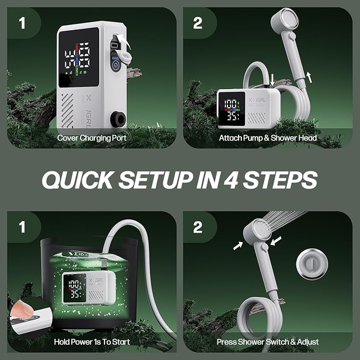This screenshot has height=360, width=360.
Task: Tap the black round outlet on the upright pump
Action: click(118, 119)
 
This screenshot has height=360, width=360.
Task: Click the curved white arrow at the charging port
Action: click(124, 41)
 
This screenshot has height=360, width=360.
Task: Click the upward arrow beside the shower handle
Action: click(309, 77)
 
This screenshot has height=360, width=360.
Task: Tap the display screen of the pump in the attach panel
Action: click(232, 109)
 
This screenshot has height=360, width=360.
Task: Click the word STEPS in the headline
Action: click(280, 180)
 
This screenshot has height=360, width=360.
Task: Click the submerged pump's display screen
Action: click(75, 288)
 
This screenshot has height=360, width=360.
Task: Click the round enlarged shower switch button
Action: click(312, 264)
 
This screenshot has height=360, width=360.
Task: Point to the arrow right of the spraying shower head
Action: click(276, 241)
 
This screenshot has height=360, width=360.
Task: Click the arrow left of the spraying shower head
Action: click(238, 245)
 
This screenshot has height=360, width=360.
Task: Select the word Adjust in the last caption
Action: click(308, 342)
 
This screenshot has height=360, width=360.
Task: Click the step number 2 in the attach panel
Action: click(198, 23)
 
